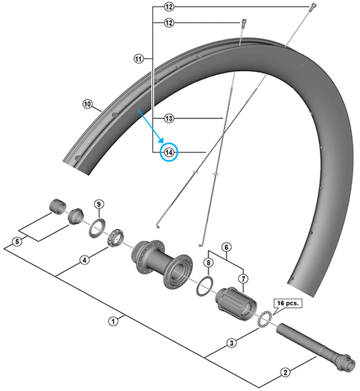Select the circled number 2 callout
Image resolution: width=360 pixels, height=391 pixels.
pyautogui.click(x=285, y=372)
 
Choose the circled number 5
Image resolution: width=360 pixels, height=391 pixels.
pyautogui.click(x=17, y=241)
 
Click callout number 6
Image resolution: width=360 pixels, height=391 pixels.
pyautogui.click(x=226, y=247)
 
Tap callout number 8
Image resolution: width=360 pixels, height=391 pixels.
pyautogui.click(x=208, y=263)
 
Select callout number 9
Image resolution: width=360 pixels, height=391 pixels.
pyautogui.click(x=98, y=204)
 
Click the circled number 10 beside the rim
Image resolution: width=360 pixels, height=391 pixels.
pyautogui.click(x=87, y=103)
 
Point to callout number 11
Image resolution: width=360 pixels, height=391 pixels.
pyautogui.click(x=138, y=57)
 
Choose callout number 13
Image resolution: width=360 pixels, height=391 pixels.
pyautogui.click(x=168, y=118)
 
